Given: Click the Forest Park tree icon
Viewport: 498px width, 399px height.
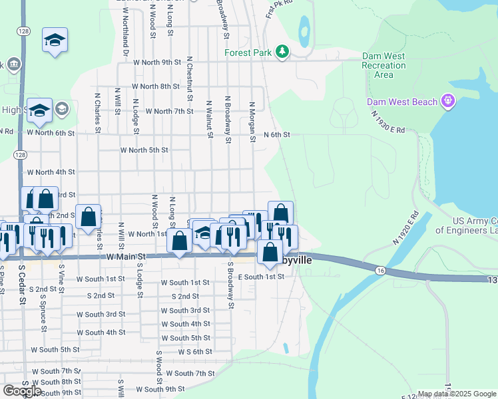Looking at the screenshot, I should [x=283, y=52].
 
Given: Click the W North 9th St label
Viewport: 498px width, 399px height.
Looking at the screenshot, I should [x=157, y=63].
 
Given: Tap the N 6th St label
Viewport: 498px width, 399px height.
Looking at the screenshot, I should [x=277, y=134].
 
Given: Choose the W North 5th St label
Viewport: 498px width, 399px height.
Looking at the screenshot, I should [x=144, y=150].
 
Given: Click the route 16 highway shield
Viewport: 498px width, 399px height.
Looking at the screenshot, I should [x=380, y=270].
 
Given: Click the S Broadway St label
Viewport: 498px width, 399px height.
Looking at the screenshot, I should [x=231, y=285].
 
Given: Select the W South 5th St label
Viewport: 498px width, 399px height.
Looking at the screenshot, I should [x=65, y=349].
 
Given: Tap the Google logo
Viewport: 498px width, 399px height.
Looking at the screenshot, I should [x=23, y=390].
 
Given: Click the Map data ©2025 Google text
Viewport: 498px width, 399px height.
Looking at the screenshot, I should [x=456, y=394].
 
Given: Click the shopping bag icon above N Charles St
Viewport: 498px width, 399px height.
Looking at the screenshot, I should [x=88, y=216].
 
